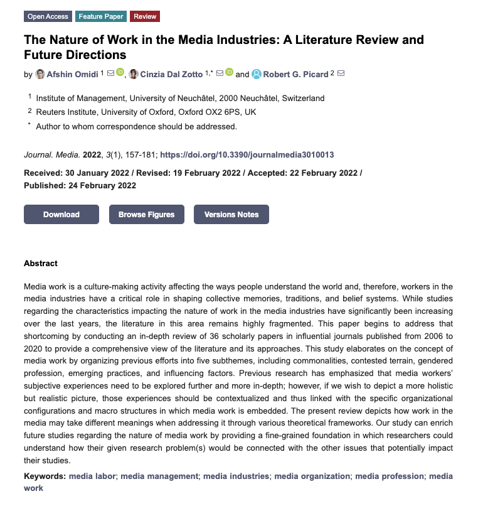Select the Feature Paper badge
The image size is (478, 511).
click(x=102, y=16)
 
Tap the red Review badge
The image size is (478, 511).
click(x=146, y=16)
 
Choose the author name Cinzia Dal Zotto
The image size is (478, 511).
click(x=172, y=74)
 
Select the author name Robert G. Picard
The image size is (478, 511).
click(x=295, y=74)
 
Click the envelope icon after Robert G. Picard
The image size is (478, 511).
click(x=341, y=73)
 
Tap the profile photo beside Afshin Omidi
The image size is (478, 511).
click(x=40, y=74)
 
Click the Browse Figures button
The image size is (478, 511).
click(x=146, y=215)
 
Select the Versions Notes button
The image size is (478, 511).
click(x=231, y=215)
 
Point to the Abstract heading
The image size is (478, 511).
click(x=41, y=264)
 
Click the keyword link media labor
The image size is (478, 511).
click(x=92, y=476)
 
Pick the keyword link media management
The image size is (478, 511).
click(x=159, y=476)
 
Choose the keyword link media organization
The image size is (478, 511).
click(x=312, y=476)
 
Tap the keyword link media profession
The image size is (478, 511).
click(x=389, y=476)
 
